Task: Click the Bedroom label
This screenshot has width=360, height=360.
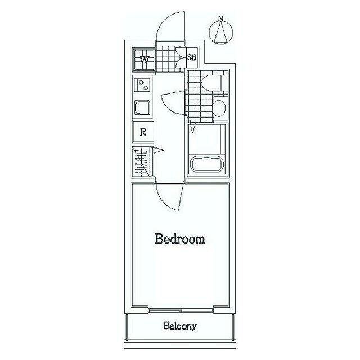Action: tap(180, 238)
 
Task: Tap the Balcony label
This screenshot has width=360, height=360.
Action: tap(180, 326)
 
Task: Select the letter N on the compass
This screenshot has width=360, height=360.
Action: tap(221, 19)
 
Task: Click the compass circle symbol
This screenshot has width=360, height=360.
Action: tap(221, 33)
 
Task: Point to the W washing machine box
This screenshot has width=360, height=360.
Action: tap(144, 60)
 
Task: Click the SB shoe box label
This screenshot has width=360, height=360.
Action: tap(192, 57)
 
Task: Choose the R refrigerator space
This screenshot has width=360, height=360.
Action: tap(143, 132)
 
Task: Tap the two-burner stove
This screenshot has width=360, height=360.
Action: tap(142, 85)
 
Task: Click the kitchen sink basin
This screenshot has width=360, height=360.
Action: tap(142, 107)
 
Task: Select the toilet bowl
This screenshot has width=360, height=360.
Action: tap(211, 82)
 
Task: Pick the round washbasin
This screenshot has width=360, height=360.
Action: tap(219, 107)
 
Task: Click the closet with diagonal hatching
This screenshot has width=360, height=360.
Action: tap(142, 162)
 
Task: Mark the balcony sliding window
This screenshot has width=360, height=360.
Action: tap(181, 311)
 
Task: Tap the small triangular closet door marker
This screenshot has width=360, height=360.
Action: tap(159, 150)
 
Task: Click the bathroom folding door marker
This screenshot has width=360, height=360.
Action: tap(193, 128)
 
